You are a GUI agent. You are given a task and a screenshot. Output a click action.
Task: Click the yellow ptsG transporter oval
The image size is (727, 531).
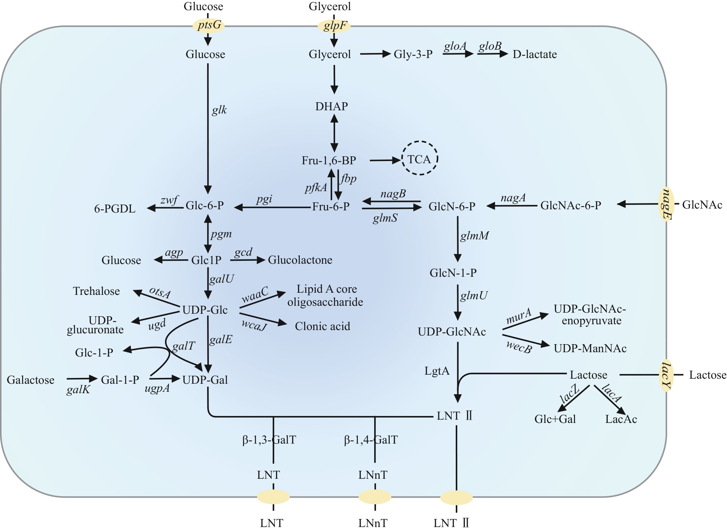[209, 25]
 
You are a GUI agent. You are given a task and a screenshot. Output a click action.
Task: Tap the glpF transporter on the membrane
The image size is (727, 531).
[334, 26]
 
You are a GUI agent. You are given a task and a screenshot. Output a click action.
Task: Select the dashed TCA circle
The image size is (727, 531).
[420, 159]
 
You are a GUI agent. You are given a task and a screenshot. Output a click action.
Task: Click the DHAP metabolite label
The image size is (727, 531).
[331, 106]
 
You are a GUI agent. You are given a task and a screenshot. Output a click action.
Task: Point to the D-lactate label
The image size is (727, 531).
[534, 54]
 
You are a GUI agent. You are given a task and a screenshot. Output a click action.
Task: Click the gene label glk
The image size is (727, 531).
[219, 110]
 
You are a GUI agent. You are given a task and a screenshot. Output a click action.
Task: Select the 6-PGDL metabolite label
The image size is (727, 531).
[115, 209]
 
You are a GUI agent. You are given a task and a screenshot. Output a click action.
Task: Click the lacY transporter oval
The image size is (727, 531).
[666, 375]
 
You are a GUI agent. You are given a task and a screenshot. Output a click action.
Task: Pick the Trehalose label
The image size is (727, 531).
[96, 291]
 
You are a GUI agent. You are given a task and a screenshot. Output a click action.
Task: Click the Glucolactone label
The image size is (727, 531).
[300, 260]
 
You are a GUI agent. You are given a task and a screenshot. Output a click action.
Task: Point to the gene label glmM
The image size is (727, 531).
[474, 236]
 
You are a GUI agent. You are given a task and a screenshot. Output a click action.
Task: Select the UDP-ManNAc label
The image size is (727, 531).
[590, 349]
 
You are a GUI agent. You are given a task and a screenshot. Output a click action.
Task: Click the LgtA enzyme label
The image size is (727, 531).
[437, 371]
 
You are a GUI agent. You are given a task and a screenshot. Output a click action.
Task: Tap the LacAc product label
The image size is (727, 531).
[621, 419]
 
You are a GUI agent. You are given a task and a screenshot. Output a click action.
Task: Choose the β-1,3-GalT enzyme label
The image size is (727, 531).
[269, 440]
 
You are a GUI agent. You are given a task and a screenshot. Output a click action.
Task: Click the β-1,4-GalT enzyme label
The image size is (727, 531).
[371, 440]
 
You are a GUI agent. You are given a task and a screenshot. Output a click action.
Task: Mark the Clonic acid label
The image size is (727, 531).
[322, 326]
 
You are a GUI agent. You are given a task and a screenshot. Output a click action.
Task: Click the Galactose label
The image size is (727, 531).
[30, 380]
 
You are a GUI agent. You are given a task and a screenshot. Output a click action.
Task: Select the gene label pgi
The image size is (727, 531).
[264, 199]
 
